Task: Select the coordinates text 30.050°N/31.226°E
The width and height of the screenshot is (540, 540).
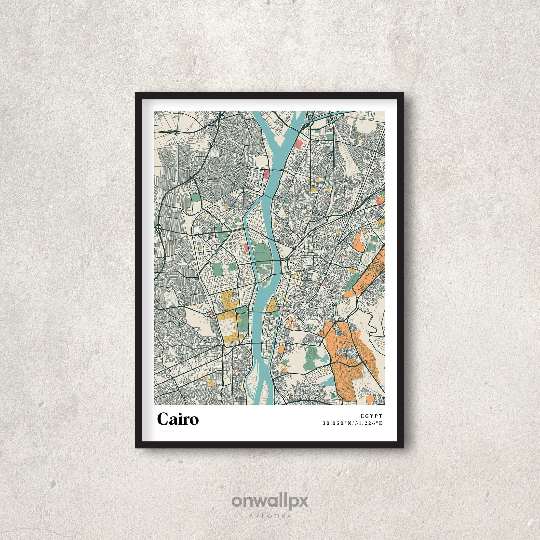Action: [x=352, y=423]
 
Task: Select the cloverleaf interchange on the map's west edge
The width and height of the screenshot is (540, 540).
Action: [x=159, y=229]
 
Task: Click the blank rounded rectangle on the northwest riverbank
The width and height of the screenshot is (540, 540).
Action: [x=262, y=161]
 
